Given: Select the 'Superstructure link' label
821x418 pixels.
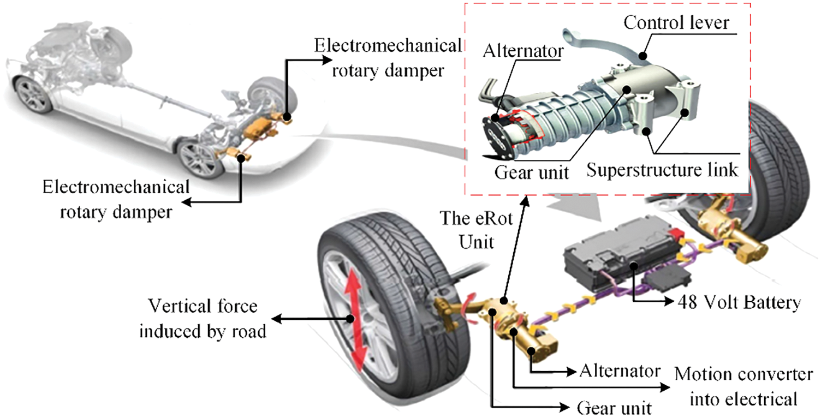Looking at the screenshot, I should [x=662, y=170].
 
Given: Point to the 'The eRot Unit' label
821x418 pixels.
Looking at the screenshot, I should [x=468, y=231].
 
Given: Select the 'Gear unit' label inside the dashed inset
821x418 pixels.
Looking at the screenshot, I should [x=531, y=172].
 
